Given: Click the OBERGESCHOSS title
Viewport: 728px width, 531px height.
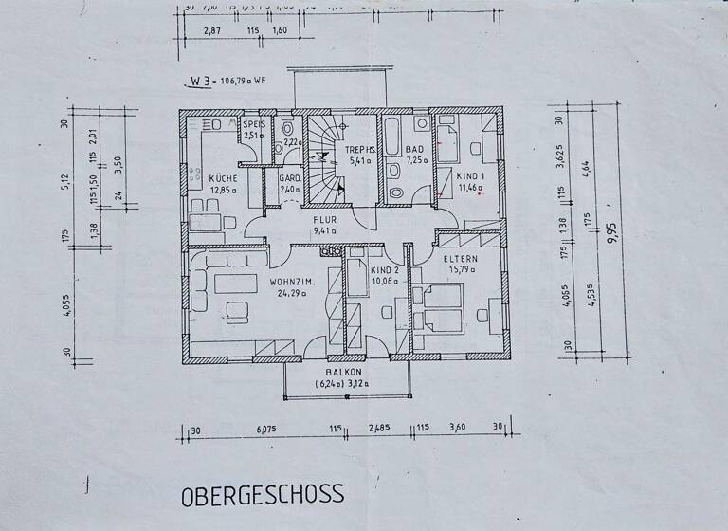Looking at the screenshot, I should (x=262, y=494).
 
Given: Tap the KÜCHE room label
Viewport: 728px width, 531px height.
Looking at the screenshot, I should (x=223, y=178).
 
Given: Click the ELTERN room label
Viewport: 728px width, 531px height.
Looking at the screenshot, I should (x=461, y=258).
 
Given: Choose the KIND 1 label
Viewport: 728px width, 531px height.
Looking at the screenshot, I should (x=470, y=176).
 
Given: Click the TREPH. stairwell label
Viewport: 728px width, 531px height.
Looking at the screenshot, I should (x=361, y=149).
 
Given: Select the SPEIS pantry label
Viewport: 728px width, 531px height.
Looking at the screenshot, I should (x=254, y=124).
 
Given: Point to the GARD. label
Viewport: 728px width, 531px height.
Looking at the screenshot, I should (x=289, y=177).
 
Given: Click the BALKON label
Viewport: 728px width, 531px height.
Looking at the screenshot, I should (x=347, y=373).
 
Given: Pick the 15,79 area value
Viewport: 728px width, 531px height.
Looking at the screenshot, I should (x=461, y=269).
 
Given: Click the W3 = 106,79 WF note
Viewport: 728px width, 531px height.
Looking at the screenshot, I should (x=226, y=81).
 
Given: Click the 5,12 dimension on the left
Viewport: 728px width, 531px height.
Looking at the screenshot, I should (x=67, y=179).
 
